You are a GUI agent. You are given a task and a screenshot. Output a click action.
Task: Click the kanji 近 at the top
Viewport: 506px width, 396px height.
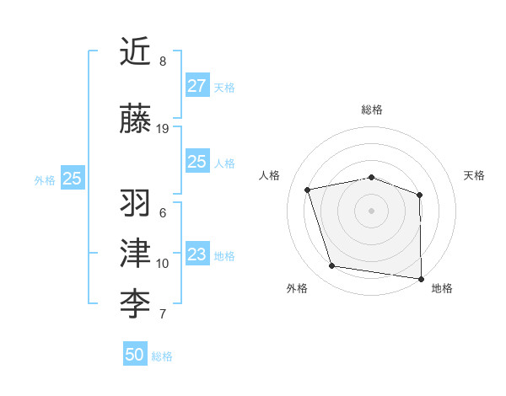(x=136, y=51)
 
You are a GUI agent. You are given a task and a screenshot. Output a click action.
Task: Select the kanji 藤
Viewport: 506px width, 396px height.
(x=136, y=119)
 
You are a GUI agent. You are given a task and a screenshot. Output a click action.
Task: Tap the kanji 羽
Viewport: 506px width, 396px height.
(x=136, y=203)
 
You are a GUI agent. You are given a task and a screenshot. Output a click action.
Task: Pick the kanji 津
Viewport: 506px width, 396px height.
(x=136, y=253)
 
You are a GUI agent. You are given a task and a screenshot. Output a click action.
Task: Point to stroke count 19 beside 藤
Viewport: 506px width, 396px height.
(x=163, y=129)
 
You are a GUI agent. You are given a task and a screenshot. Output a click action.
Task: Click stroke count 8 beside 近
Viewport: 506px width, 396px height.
(x=163, y=62)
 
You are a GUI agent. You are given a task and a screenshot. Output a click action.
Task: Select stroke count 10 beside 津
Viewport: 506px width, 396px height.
(x=163, y=264)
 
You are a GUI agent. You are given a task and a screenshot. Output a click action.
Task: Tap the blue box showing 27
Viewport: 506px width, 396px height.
(x=196, y=86)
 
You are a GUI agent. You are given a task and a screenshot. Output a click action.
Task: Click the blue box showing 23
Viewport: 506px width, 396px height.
(x=196, y=254)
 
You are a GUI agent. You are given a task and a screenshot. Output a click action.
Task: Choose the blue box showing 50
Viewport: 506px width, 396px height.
(x=135, y=355)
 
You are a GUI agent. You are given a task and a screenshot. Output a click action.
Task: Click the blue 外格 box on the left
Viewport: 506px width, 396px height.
(x=72, y=179)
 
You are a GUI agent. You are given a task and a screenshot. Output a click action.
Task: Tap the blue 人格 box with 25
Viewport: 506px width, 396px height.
(x=196, y=162)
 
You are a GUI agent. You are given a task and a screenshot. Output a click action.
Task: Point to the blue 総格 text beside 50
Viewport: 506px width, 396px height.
(x=163, y=356)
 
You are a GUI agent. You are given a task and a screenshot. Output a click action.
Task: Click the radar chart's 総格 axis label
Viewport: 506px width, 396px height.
(x=372, y=110)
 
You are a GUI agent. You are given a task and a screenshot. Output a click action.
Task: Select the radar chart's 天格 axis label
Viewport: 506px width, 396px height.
(x=475, y=175)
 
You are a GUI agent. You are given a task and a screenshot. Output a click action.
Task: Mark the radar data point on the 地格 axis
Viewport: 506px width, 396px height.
(x=421, y=278)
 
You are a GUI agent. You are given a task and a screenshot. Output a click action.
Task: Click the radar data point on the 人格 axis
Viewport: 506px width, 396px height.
(x=309, y=190)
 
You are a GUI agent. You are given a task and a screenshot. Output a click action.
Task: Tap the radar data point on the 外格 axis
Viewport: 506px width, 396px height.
(x=332, y=266)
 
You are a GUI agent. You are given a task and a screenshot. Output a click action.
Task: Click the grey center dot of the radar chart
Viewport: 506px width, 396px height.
(x=372, y=210)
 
